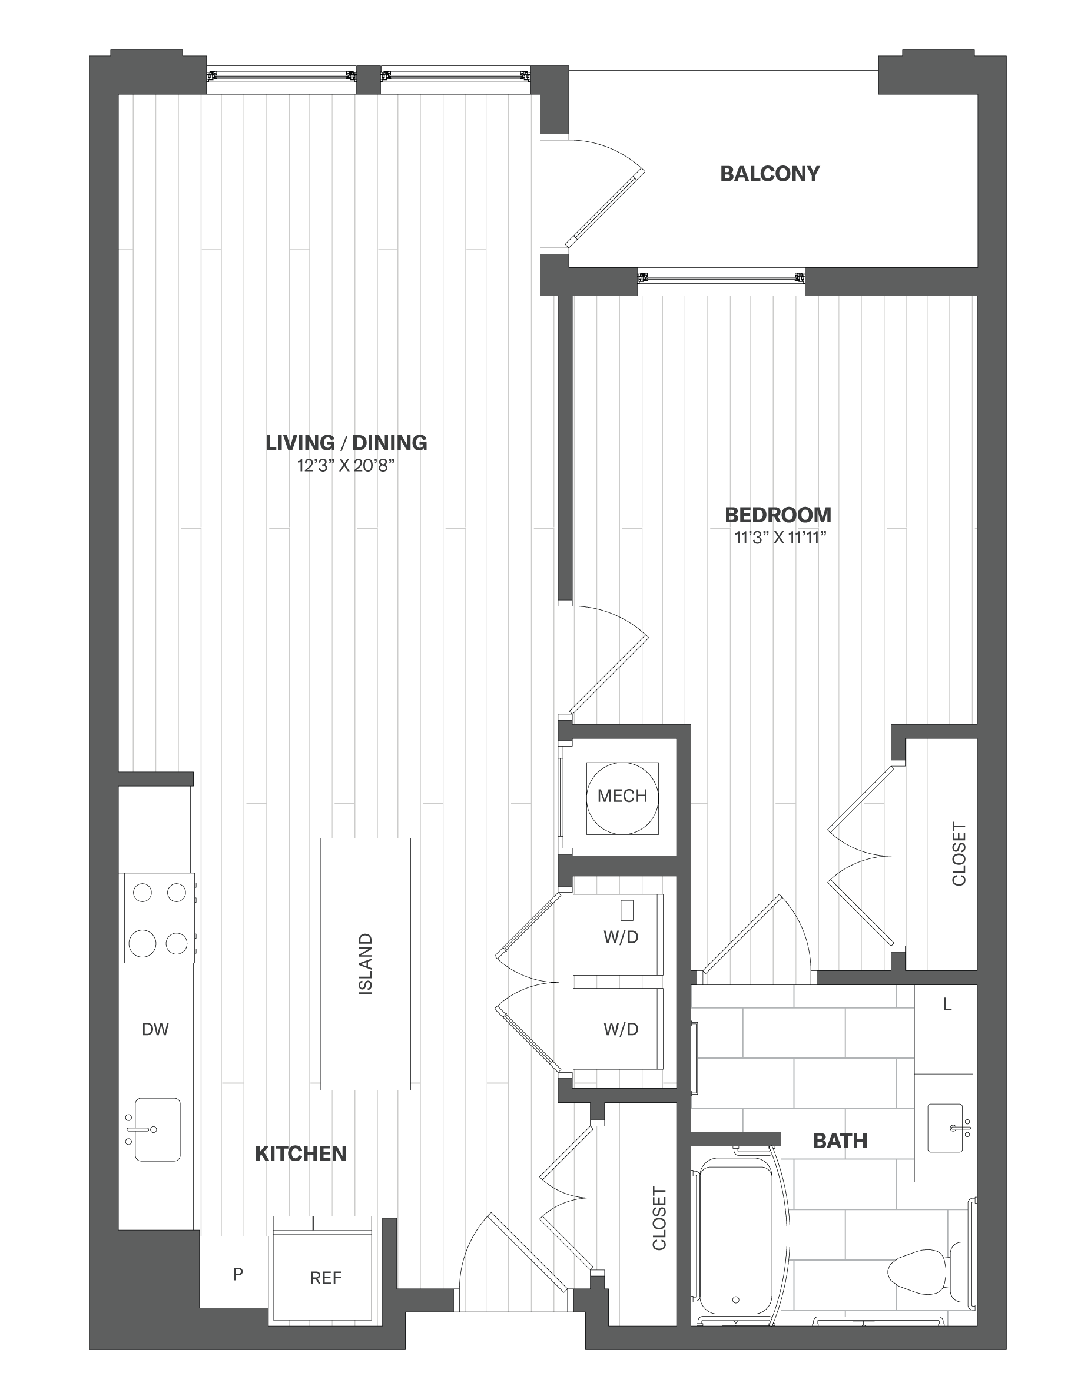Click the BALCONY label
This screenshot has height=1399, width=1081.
click(x=770, y=174)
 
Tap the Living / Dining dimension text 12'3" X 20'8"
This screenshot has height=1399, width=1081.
click(x=345, y=466)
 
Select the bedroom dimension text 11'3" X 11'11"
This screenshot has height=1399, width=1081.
click(x=780, y=538)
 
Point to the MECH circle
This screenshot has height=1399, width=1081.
click(x=622, y=798)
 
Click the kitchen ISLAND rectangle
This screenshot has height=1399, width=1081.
click(x=366, y=963)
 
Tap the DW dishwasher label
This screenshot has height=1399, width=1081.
click(x=155, y=1029)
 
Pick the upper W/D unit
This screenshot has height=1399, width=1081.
click(x=618, y=934)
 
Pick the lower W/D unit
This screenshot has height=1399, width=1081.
click(x=618, y=1029)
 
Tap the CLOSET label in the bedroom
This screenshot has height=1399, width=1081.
click(x=959, y=854)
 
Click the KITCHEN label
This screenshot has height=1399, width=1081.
click(x=301, y=1153)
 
